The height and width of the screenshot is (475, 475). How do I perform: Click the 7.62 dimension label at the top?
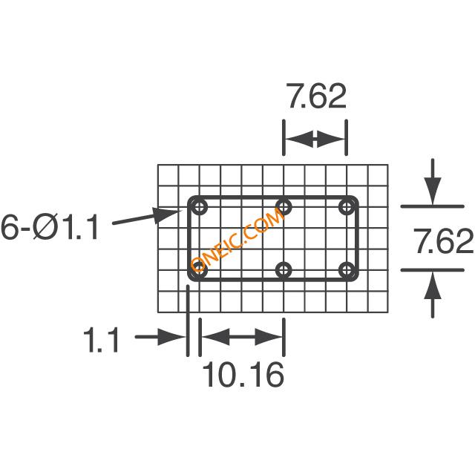click(x=318, y=96)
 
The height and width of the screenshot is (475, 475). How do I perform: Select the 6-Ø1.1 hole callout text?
click(x=50, y=227)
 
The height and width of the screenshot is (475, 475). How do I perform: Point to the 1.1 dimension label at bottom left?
click(x=101, y=341)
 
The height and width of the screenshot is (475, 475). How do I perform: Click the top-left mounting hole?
click(x=200, y=208)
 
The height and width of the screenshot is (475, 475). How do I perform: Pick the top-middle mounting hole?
click(x=284, y=208)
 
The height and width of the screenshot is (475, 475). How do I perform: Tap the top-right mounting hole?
click(x=347, y=208)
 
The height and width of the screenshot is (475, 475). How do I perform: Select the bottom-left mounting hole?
click(x=200, y=270)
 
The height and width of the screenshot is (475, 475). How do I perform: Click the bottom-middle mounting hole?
click(x=284, y=270)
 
